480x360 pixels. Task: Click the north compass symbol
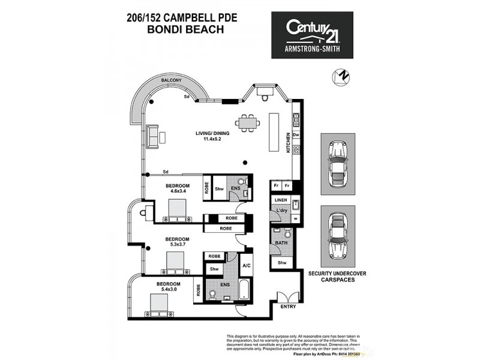(340, 77)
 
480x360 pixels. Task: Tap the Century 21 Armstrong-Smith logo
(312, 35)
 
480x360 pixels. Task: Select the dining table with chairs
(247, 123)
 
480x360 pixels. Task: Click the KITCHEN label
(288, 143)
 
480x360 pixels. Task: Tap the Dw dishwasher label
(296, 135)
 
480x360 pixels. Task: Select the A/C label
(246, 265)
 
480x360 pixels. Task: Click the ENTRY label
(287, 307)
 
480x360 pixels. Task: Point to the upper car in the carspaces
(337, 163)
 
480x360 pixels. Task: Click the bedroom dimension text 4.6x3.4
(178, 191)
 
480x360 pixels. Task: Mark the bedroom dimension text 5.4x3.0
(169, 290)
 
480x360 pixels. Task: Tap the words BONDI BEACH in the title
(182, 28)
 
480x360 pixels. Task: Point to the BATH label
(281, 243)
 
